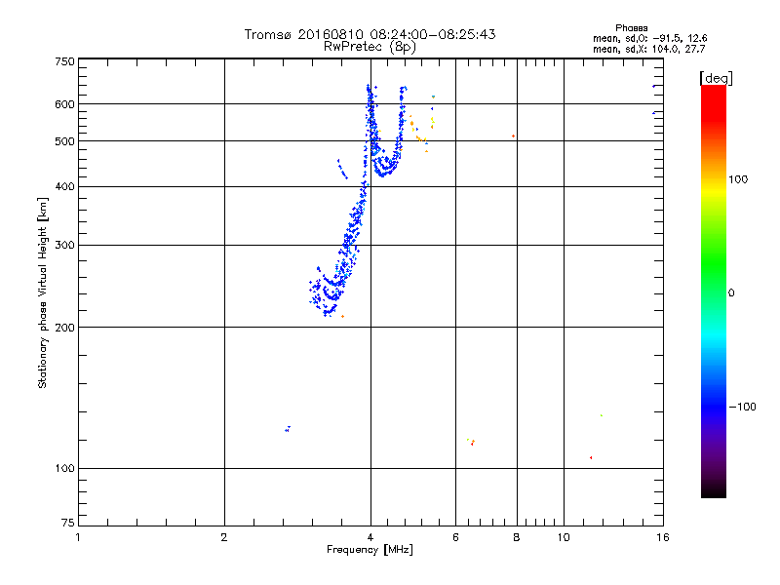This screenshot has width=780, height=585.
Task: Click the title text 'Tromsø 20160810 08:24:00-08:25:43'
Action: (x=370, y=34)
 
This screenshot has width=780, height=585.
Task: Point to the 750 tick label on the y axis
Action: (x=65, y=60)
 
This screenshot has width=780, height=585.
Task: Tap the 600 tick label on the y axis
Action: (x=65, y=103)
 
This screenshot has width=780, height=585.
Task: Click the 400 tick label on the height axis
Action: (x=65, y=186)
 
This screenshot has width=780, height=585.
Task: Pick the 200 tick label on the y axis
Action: (x=65, y=327)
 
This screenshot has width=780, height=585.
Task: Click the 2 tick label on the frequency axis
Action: (x=224, y=537)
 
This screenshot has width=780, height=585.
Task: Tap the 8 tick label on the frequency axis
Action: (x=517, y=537)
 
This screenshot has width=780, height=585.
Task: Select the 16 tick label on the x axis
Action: (x=662, y=537)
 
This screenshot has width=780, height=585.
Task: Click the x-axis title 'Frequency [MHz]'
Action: (x=370, y=550)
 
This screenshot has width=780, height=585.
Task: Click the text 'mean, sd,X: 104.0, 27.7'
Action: (x=648, y=48)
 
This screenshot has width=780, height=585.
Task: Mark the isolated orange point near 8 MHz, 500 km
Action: (x=513, y=136)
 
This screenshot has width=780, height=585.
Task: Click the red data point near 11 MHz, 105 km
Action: (x=591, y=457)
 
